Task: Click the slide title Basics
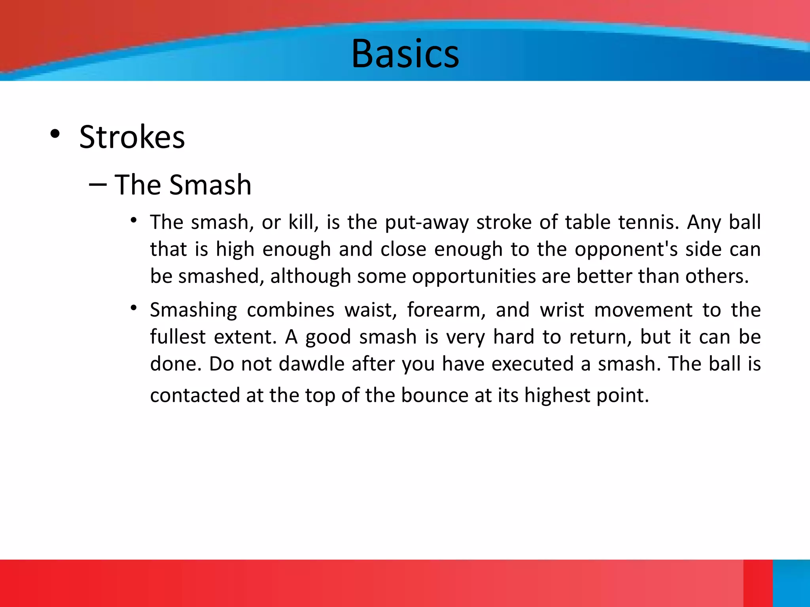(405, 54)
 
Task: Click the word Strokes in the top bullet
(132, 137)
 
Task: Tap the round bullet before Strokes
(55, 134)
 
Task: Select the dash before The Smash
(98, 185)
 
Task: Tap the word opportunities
(474, 276)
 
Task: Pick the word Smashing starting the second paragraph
(193, 310)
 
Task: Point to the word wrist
(562, 310)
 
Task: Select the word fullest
(178, 337)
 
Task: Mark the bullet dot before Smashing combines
(134, 307)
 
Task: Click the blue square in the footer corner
(791, 583)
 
